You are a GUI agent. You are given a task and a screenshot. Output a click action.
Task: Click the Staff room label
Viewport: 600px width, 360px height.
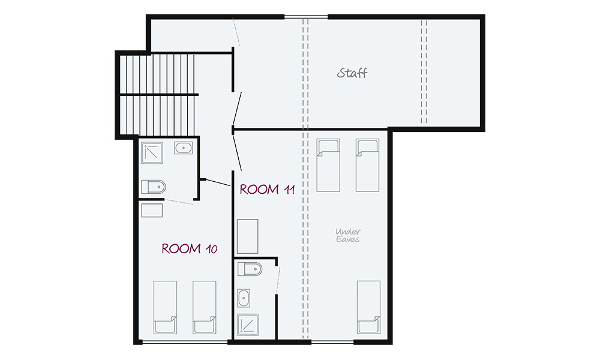352,73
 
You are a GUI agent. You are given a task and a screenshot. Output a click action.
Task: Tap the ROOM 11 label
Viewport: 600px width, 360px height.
267,190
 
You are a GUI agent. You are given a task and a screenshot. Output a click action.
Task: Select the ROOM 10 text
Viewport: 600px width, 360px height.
190,249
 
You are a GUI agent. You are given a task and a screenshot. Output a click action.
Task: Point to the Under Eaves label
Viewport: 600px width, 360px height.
348,235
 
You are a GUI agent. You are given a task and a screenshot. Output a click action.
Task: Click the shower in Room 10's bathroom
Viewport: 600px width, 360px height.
152,153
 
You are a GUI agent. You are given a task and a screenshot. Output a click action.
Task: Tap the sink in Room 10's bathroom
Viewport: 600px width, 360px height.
183,148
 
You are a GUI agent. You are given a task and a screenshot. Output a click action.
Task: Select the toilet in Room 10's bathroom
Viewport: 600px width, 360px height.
153,187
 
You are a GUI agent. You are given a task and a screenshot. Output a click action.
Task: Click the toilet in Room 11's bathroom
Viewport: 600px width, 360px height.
250,269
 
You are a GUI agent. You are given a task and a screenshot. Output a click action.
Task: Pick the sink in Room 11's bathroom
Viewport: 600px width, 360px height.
244,298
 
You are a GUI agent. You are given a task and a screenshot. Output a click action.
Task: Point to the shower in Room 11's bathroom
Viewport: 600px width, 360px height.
248,325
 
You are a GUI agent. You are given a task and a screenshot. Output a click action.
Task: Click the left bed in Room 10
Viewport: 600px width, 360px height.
166,308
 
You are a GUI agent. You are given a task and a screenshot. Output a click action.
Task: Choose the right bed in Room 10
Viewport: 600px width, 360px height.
205,308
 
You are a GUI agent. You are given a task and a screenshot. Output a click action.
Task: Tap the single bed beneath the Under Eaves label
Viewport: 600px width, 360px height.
369,308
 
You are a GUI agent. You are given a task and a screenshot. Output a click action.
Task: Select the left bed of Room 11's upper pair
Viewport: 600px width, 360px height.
328,165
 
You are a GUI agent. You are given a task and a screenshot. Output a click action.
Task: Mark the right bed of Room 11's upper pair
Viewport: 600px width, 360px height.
367,165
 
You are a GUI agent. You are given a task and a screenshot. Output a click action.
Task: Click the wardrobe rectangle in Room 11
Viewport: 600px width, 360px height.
248,236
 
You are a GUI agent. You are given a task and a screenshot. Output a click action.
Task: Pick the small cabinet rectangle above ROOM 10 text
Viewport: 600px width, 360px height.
152,211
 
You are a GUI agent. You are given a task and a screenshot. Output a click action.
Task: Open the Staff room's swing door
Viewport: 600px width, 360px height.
237,109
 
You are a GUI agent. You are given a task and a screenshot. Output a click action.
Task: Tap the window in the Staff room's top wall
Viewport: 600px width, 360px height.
306,16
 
